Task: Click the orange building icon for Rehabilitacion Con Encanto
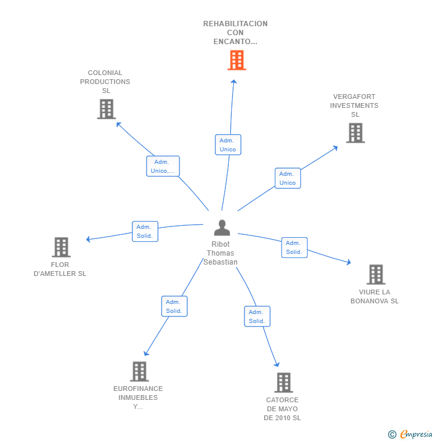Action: tap(237, 60)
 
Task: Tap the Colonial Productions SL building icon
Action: tap(106, 109)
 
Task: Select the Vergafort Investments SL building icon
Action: tap(355, 133)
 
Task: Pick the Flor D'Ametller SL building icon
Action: tap(61, 247)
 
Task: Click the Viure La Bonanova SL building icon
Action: tap(376, 275)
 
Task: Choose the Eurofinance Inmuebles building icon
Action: tap(139, 371)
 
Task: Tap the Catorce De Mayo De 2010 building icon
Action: tap(283, 383)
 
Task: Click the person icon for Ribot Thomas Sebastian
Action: tap(222, 228)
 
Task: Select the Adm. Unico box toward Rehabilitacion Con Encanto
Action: tap(228, 145)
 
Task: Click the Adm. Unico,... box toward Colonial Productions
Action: tap(163, 166)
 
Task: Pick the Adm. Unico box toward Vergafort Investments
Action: tap(287, 178)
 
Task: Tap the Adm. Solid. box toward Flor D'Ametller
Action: tap(145, 231)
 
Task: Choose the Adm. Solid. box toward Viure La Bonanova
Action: tap(294, 247)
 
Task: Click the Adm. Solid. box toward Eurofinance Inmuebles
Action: tap(174, 306)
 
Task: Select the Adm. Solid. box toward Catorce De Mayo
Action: tap(257, 316)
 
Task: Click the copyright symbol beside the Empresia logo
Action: tap(392, 434)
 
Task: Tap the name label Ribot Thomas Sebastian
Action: tap(221, 253)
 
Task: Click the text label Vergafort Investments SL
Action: tap(355, 105)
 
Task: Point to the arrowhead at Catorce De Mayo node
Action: tap(277, 365)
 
